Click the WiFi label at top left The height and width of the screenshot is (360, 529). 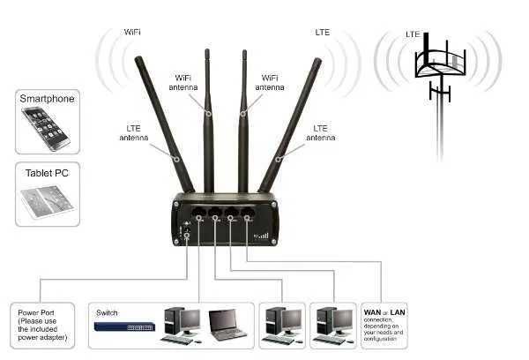click(132, 32)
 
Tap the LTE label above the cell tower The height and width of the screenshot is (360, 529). click(412, 34)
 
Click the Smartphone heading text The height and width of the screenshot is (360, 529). click(47, 100)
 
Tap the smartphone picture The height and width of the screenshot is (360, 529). click(47, 129)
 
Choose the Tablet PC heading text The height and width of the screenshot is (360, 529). click(47, 173)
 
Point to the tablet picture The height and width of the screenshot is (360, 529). click(47, 202)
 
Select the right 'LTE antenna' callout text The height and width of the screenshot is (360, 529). click(326, 133)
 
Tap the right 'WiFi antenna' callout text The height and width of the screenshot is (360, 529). click(270, 82)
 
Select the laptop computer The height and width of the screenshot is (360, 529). click(227, 326)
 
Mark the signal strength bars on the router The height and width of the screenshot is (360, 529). click(260, 236)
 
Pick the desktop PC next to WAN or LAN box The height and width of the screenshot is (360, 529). click(332, 324)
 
